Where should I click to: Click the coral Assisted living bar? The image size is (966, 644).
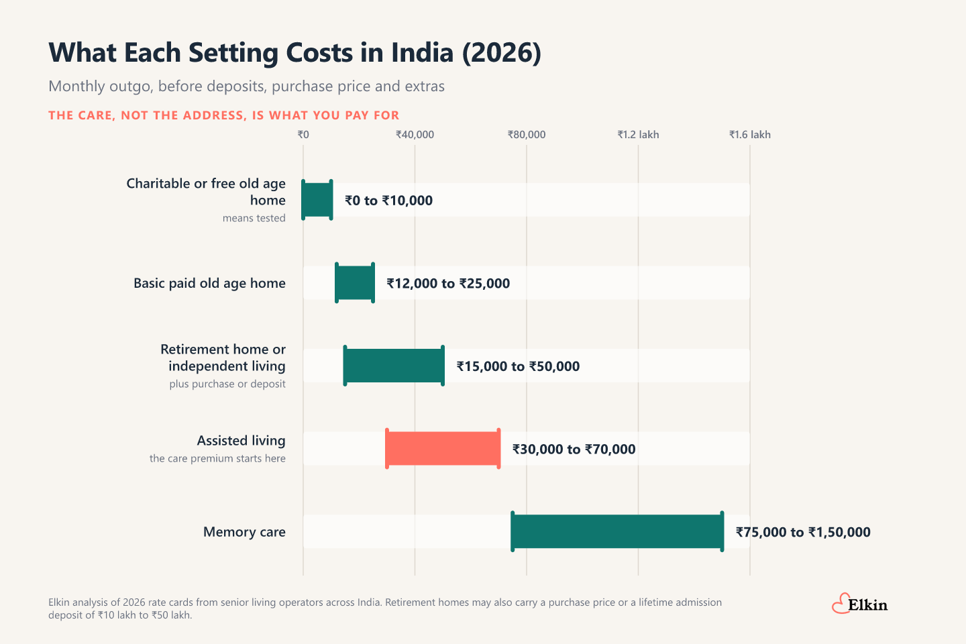[x=443, y=449]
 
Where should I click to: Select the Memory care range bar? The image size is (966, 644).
[x=617, y=531]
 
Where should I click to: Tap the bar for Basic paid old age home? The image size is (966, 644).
[x=354, y=282]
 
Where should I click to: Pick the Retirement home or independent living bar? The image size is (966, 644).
[x=394, y=366]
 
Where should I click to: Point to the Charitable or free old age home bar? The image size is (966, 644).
[x=317, y=200]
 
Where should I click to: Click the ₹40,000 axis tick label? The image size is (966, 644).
[x=415, y=135]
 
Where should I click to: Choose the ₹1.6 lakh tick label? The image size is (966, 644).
[x=749, y=135]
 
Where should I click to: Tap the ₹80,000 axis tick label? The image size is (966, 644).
[x=527, y=135]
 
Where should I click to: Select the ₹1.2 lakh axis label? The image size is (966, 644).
[x=638, y=135]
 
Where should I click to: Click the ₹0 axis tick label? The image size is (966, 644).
[x=303, y=135]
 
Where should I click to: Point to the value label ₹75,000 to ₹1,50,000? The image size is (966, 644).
[x=803, y=532]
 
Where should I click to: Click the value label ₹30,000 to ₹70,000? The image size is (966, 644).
[x=574, y=449]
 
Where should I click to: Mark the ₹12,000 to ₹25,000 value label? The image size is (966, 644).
[x=448, y=283]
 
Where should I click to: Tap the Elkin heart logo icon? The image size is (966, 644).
[x=841, y=604]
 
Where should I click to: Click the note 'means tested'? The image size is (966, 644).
[x=254, y=218]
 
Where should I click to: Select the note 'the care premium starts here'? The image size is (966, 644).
[x=217, y=458]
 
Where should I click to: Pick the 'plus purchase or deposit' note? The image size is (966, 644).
[x=227, y=384]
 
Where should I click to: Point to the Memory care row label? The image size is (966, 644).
[x=244, y=532]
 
